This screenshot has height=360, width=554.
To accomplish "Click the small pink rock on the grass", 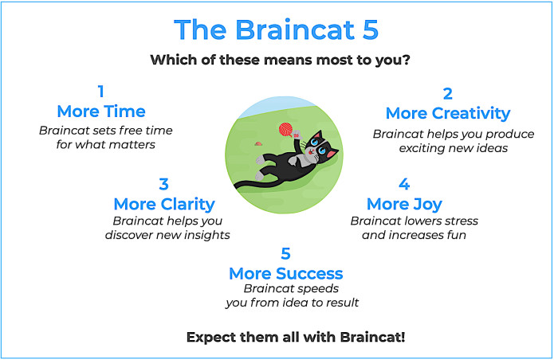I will [259, 143].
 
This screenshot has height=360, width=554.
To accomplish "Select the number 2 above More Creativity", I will [448, 92].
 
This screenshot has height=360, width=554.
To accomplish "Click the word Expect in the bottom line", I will [211, 337].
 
